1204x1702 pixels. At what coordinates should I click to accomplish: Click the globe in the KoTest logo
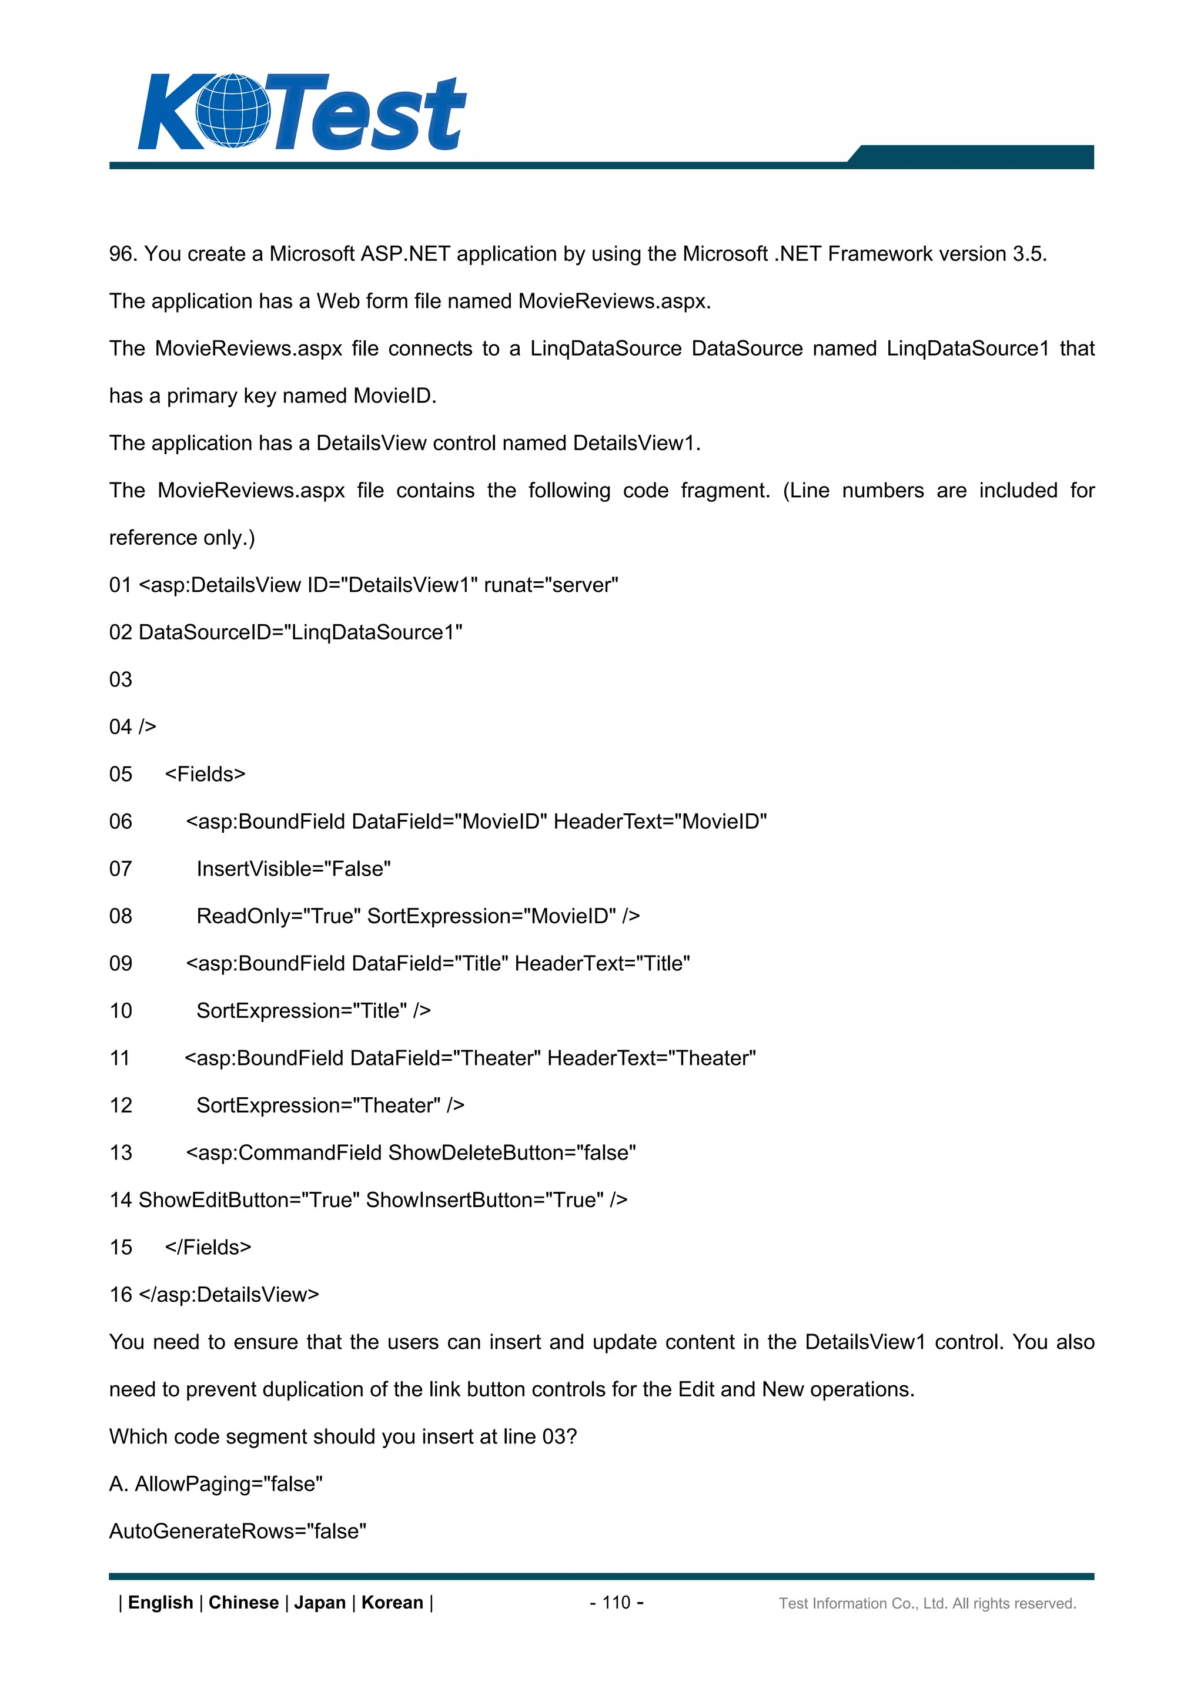(232, 110)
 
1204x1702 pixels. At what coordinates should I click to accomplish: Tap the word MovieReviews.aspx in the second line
(614, 301)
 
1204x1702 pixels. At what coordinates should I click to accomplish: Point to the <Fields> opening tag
(205, 775)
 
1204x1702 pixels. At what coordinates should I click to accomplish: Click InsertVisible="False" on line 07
(293, 869)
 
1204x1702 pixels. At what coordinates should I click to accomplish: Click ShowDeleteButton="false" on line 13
(511, 1152)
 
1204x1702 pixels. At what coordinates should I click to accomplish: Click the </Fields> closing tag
(208, 1248)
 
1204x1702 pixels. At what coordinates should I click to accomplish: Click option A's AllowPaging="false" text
(228, 1484)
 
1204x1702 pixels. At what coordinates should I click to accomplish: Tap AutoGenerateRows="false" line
(238, 1532)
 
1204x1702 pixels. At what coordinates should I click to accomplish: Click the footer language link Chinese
(243, 1603)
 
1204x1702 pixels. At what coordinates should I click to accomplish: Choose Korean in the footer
(392, 1603)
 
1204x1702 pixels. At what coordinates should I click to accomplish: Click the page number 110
(616, 1603)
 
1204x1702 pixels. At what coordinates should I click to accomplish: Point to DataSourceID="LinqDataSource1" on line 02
(300, 632)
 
